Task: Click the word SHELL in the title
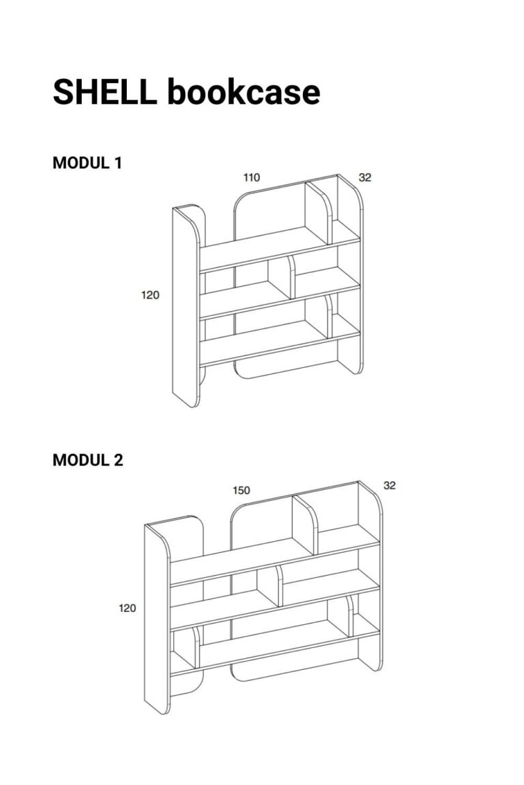tap(104, 91)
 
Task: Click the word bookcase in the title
tap(244, 91)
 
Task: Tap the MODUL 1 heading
tap(87, 164)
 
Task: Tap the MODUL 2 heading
tap(88, 460)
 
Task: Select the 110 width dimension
tap(252, 177)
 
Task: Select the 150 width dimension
tap(242, 490)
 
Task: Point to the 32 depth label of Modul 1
tap(365, 177)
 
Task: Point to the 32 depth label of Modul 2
tap(390, 485)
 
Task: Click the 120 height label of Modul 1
tap(150, 295)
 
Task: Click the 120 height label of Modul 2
tap(128, 608)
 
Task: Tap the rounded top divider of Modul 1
tap(319, 213)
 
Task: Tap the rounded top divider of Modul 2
tap(305, 523)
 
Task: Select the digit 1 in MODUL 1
tap(118, 164)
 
